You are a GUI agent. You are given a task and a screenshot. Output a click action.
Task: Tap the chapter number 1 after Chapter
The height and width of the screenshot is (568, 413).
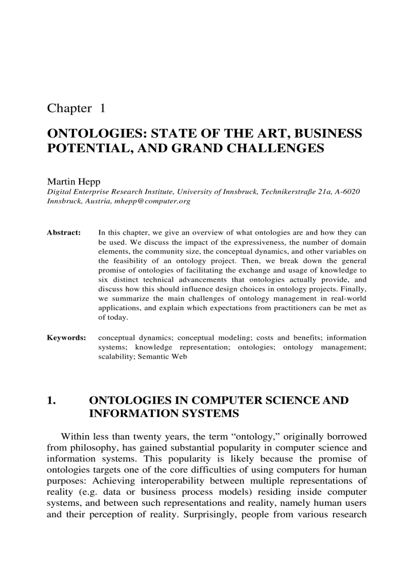[x=102, y=108]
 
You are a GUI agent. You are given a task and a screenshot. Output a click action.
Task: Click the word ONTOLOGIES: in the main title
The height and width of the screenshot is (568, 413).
[x=96, y=134]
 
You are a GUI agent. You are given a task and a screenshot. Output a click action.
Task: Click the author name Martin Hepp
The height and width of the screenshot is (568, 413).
[x=73, y=181]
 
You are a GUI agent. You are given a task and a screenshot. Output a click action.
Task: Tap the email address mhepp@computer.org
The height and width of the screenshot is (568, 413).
[x=157, y=201]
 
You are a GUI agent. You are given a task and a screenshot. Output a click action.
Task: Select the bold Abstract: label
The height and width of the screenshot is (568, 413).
[x=64, y=233]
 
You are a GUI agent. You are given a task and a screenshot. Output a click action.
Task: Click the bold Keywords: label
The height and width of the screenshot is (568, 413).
[x=66, y=337]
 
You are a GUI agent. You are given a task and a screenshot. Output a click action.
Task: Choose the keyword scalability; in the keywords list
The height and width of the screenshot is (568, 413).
[x=116, y=357]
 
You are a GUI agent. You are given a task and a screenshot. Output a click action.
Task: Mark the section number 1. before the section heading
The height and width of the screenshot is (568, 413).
[x=51, y=401]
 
